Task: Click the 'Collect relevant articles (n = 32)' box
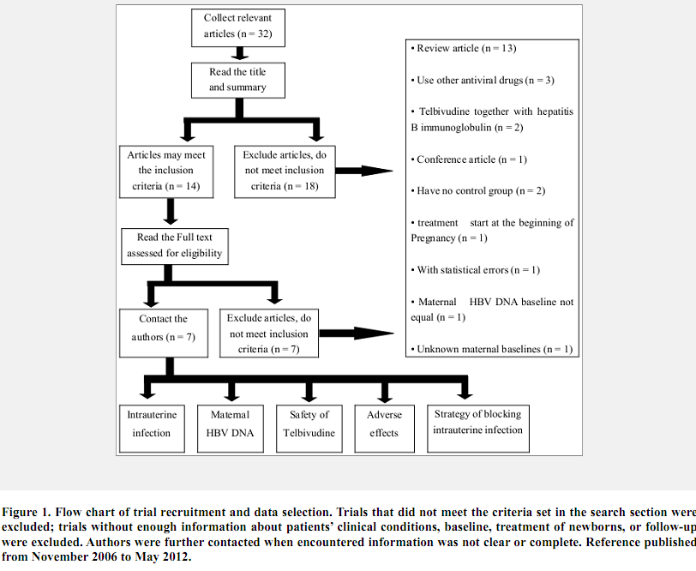click(x=237, y=27)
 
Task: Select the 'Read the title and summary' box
click(x=237, y=80)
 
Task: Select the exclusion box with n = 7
click(x=268, y=333)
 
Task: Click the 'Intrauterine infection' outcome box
click(x=151, y=424)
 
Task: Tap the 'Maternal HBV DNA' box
click(x=230, y=424)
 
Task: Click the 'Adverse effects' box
click(x=384, y=424)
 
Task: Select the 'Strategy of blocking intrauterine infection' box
click(x=477, y=422)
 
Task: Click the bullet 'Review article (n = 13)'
click(x=466, y=48)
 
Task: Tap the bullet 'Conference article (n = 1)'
click(x=471, y=159)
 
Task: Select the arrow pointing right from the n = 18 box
click(x=363, y=170)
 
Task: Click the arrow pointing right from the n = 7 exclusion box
click(x=351, y=333)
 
